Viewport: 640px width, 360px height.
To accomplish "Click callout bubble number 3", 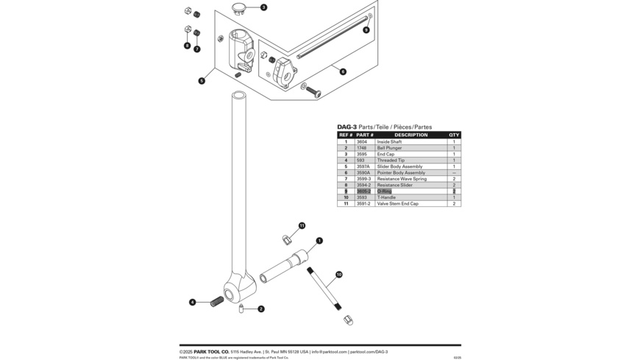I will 263,7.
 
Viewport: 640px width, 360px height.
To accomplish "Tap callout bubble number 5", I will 202,81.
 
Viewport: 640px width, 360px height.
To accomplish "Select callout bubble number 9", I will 366,30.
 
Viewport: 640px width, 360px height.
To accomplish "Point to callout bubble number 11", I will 302,226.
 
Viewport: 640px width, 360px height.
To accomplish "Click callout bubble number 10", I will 338,275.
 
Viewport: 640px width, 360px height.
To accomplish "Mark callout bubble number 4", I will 193,302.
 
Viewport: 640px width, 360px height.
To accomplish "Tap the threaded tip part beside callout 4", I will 217,301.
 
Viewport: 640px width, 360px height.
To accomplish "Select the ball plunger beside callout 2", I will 241,308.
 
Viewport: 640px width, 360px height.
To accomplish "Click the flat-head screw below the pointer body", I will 313,92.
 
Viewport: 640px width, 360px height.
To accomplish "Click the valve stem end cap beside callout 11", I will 287,239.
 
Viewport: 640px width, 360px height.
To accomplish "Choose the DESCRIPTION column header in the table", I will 410,135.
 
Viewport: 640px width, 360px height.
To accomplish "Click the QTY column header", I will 454,135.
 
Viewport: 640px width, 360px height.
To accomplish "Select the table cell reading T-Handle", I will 386,197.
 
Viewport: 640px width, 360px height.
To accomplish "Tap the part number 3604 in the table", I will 361,142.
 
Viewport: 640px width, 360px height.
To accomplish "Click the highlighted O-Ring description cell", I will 385,191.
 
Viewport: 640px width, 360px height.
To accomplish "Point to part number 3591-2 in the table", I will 363,204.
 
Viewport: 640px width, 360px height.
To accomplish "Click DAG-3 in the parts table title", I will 346,127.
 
